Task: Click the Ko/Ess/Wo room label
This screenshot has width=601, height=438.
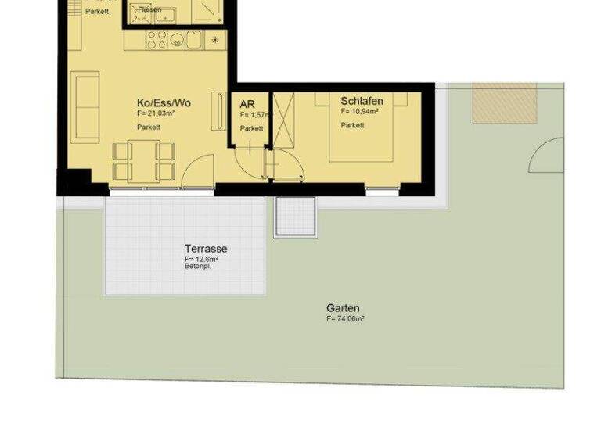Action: coord(164,103)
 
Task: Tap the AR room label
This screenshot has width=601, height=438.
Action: coord(247,103)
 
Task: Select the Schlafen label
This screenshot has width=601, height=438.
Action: coord(362,102)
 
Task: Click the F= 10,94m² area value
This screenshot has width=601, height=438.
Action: coord(360,113)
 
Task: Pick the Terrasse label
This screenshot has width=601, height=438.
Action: coord(206,249)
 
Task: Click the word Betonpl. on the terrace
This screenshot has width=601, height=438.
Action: coord(198,267)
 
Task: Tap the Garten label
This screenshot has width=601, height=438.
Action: coord(343,308)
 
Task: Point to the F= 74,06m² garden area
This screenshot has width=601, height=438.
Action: coord(346,319)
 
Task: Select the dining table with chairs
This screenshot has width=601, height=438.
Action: coord(143,160)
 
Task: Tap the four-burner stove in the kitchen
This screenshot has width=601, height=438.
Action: coord(155,39)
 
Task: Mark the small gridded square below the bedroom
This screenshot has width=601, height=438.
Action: coord(295,217)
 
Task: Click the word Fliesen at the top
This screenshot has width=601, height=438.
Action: coord(149,9)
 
